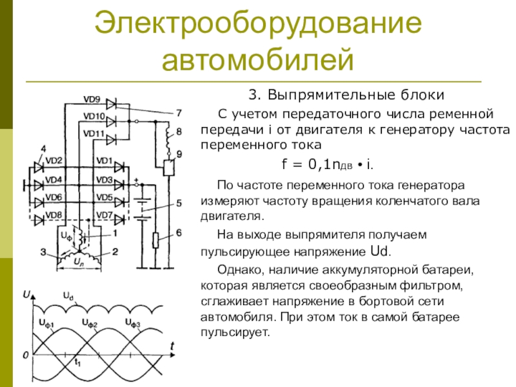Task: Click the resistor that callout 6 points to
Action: tap(155, 241)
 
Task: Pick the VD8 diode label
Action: tap(54, 215)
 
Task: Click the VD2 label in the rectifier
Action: tap(54, 160)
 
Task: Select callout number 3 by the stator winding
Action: tap(43, 252)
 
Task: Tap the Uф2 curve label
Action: tap(90, 321)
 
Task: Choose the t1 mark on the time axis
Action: tap(77, 361)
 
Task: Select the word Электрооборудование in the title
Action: tap(258, 24)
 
